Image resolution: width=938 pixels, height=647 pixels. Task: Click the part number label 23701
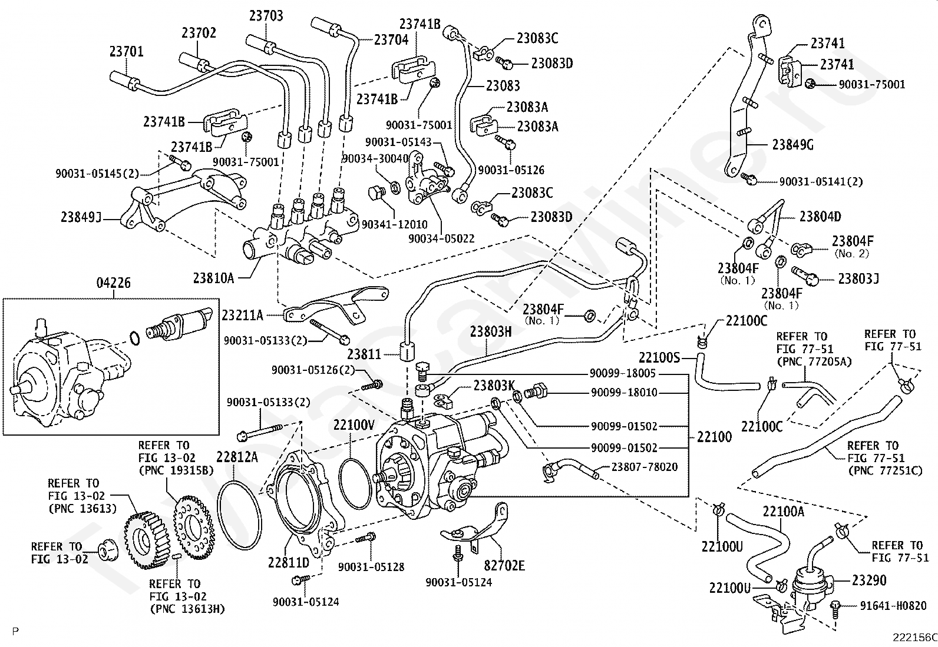point(126,52)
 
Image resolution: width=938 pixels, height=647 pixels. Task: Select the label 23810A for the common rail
point(214,277)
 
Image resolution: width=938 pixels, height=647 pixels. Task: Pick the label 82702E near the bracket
point(504,566)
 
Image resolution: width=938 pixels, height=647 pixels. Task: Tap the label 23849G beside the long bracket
point(793,145)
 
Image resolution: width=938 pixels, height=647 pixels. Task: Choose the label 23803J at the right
point(858,278)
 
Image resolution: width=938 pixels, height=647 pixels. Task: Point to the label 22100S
point(659,357)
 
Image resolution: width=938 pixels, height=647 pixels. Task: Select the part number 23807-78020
point(644,467)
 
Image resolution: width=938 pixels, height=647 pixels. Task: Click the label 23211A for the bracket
point(242,316)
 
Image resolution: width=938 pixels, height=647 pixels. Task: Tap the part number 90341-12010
point(394,225)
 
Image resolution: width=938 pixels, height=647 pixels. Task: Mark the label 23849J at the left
point(81,217)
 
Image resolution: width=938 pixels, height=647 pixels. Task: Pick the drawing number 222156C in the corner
point(914,637)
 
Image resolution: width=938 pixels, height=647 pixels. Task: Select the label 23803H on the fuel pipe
point(491,331)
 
